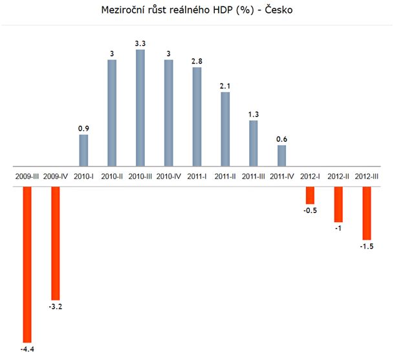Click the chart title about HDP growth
click(x=197, y=11)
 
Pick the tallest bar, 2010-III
click(x=140, y=107)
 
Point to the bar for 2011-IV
click(x=281, y=155)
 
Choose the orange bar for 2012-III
click(x=367, y=213)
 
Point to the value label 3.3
click(x=140, y=43)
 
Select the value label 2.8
click(x=197, y=61)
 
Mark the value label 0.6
click(x=281, y=139)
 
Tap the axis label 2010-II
click(x=112, y=176)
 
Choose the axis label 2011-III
click(x=253, y=176)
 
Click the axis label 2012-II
click(x=338, y=176)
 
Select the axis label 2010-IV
click(x=169, y=176)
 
